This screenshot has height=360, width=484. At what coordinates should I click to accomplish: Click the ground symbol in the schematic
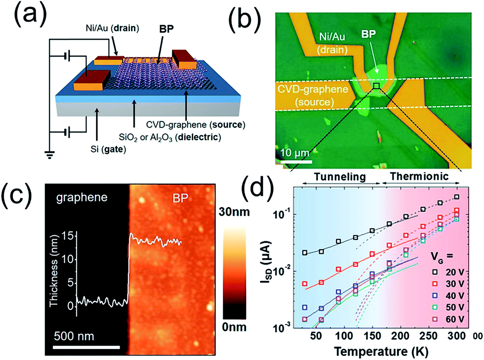[49, 154]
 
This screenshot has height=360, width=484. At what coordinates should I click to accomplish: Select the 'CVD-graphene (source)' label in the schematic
[196, 125]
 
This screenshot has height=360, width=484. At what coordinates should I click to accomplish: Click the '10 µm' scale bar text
[295, 153]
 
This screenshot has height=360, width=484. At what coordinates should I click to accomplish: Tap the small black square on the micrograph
[376, 86]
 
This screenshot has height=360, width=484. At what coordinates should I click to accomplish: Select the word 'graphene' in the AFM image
[82, 198]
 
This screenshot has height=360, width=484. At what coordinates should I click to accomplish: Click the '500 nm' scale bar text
[74, 336]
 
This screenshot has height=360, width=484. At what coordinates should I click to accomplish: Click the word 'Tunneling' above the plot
[339, 177]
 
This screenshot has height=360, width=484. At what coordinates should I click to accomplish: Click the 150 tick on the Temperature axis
[372, 336]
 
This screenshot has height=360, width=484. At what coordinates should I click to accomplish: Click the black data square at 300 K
[457, 197]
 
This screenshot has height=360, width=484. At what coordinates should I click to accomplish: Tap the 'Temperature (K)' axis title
[381, 351]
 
